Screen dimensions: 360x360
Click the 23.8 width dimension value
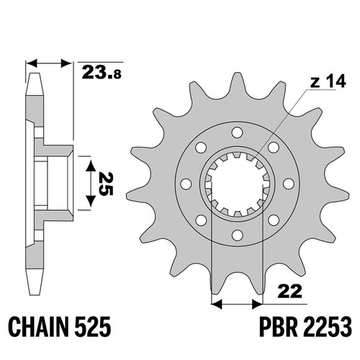click(102, 73)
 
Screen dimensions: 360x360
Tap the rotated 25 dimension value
click(106, 184)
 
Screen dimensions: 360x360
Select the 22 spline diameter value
click(289, 292)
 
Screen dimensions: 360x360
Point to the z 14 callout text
click(328, 81)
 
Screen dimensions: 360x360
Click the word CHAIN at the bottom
click(38, 327)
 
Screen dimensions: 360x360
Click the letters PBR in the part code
click(278, 327)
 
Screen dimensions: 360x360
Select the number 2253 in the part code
click(327, 327)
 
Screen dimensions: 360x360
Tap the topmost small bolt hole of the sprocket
click(237, 132)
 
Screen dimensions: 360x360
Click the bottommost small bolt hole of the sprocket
click(237, 235)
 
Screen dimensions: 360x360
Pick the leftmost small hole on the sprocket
click(186, 184)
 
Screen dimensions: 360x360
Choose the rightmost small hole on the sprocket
click(289, 184)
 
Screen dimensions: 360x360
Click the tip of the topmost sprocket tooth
click(237, 73)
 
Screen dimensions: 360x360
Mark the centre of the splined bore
click(237, 184)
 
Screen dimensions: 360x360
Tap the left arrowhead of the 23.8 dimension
click(32, 63)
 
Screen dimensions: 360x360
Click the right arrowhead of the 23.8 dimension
click(66, 63)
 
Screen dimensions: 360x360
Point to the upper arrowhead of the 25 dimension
click(91, 166)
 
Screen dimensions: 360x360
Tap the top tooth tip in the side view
click(35, 74)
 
